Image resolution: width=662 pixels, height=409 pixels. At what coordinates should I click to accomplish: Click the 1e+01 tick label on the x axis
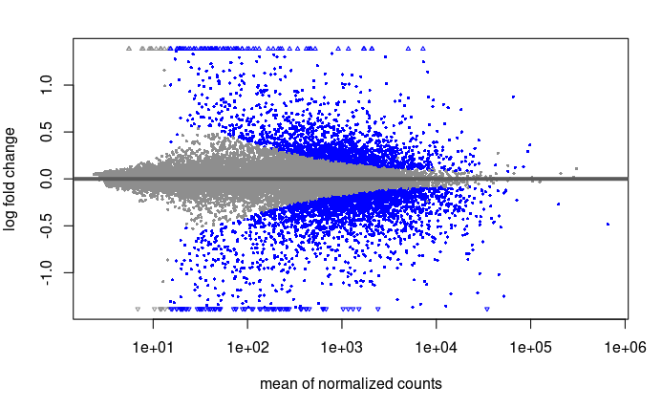pos(153,348)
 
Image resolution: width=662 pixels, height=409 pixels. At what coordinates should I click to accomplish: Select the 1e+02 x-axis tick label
pos(247,348)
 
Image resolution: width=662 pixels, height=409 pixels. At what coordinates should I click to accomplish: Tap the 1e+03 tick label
pos(342,348)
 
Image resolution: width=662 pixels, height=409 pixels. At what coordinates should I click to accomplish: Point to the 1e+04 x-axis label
pos(437,348)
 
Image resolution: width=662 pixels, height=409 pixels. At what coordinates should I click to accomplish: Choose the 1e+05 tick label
pos(531,348)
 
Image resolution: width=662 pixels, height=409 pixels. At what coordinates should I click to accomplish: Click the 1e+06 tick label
pos(626,348)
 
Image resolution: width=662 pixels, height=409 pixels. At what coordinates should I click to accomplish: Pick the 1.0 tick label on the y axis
pos(46,85)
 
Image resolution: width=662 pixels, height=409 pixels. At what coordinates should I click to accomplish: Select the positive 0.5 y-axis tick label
pos(46,132)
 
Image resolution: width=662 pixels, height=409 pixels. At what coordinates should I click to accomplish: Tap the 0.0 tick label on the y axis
pos(46,179)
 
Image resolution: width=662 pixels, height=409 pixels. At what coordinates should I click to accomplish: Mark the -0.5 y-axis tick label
pos(46,226)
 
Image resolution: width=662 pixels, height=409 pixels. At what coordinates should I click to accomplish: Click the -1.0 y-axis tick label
pos(46,272)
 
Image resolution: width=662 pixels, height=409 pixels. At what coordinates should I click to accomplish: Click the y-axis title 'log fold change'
pos(10,179)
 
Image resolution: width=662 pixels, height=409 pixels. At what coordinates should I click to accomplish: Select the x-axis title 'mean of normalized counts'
pos(351,383)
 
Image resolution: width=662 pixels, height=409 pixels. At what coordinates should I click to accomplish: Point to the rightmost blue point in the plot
pos(608,224)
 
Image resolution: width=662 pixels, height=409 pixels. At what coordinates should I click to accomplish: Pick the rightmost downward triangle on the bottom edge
pos(487,310)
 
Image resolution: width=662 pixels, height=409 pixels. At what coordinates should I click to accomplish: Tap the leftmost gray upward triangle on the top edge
pos(129,49)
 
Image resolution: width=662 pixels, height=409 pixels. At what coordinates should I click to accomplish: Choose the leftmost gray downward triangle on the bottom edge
pos(138,310)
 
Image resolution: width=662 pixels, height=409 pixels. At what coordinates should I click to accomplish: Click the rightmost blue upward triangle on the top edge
pos(423,49)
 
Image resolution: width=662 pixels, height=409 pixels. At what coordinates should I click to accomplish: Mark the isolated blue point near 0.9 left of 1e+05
pos(513,97)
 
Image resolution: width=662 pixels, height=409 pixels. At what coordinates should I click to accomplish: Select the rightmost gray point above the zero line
pos(576,169)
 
